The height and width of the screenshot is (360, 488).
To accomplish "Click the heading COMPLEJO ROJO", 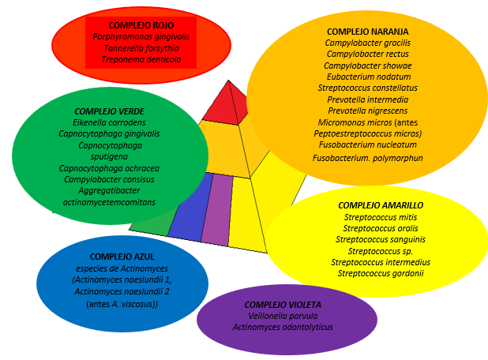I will pos(141,24).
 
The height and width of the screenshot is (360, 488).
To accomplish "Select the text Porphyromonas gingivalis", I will pos(141,36).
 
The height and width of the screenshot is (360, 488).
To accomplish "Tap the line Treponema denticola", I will pos(141,59).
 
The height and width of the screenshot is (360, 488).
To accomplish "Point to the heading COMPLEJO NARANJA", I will pos(367,31).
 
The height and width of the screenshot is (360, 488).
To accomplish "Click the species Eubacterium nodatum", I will pos(367,77).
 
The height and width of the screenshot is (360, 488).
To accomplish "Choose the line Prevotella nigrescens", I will pos(367,111).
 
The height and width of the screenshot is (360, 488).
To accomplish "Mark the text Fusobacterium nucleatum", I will pos(367,145).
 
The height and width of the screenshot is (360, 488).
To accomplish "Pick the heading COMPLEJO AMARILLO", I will pos(381,205).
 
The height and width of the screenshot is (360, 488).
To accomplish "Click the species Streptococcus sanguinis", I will pos(381,239).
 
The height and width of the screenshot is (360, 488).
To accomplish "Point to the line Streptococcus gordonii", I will pos(381,273).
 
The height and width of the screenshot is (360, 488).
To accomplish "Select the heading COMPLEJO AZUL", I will pos(116,257).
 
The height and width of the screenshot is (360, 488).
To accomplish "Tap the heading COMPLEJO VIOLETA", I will pos(283,305).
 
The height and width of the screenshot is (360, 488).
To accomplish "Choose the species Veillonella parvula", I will pos(283,316).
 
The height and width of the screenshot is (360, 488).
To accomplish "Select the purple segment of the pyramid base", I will pos(216,209).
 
